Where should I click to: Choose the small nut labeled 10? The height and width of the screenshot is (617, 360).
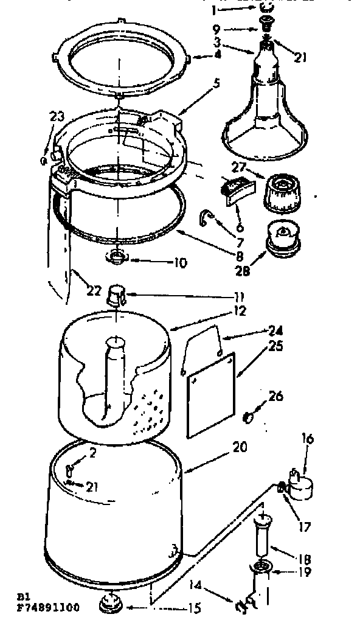(x=117, y=256)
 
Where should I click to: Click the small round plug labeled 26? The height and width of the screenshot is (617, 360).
(x=248, y=417)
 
